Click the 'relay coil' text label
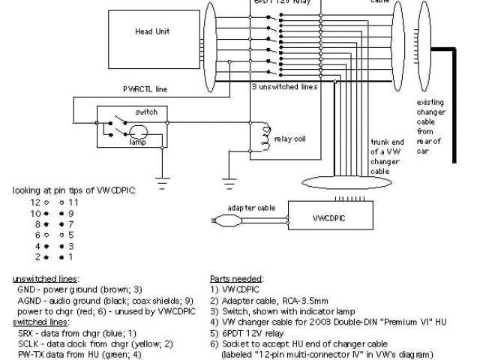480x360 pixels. pyautogui.click(x=289, y=139)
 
